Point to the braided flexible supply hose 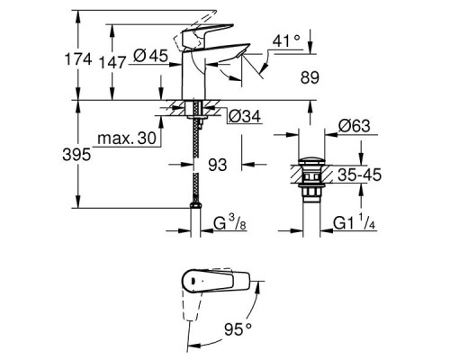(195, 153)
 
